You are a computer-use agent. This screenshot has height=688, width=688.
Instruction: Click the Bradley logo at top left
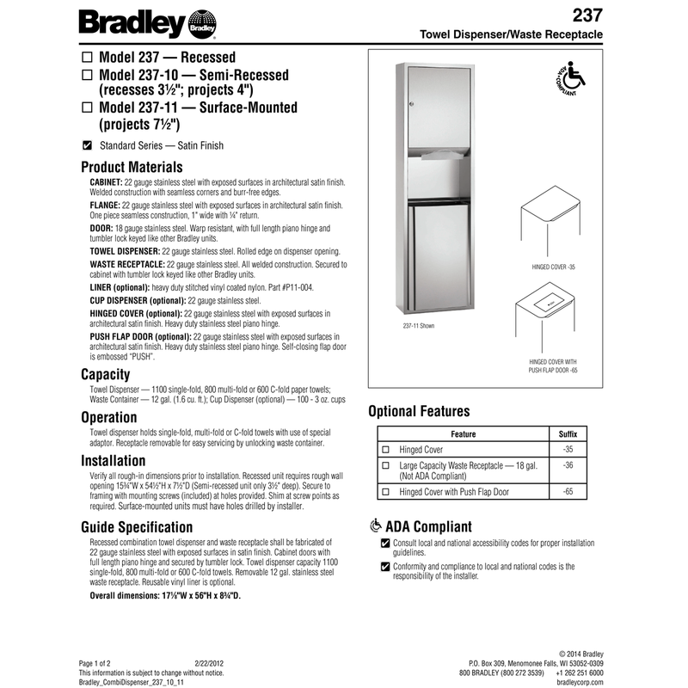coord(148,22)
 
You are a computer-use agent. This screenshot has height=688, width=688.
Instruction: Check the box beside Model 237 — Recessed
coord(86,58)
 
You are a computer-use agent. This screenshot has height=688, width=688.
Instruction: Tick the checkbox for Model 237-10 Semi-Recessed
coord(86,75)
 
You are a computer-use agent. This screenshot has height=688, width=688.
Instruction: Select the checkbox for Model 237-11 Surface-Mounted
coord(86,108)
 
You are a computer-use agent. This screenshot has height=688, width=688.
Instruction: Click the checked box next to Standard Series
coord(86,145)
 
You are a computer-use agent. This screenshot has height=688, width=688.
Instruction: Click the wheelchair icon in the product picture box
coord(566,83)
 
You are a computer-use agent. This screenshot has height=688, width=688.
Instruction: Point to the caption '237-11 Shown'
coord(419,327)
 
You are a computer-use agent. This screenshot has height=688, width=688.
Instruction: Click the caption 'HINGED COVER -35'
coord(552,268)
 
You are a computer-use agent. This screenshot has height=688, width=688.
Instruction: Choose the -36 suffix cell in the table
coord(567,465)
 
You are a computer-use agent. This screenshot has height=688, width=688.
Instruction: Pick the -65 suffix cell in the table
coord(567,491)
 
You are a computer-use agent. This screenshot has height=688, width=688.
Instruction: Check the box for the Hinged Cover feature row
coord(385,450)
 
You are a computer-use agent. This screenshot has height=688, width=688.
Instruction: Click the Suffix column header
coord(568,434)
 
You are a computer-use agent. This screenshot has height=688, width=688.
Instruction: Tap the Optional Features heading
coord(419,411)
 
